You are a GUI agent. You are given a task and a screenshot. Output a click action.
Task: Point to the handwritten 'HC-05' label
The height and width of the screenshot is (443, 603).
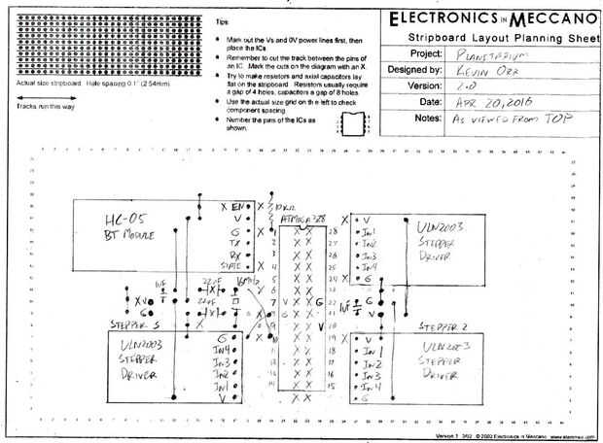tap(114, 218)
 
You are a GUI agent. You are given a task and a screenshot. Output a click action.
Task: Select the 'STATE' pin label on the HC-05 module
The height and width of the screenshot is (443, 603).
tap(232, 264)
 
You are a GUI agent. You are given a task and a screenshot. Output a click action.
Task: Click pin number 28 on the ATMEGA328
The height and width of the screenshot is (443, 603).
tap(334, 232)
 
